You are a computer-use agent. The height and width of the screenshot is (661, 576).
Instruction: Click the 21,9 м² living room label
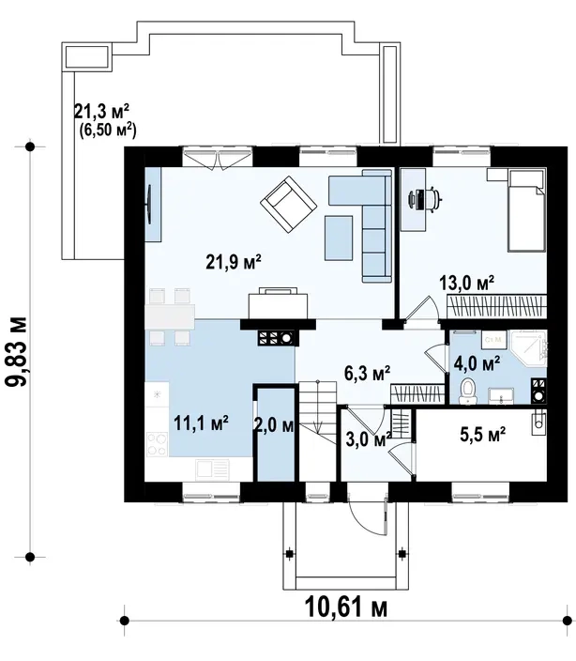[234, 261]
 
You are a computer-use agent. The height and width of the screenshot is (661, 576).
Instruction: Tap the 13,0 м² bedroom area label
[466, 283]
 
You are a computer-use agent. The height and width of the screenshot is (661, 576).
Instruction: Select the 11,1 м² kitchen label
[201, 423]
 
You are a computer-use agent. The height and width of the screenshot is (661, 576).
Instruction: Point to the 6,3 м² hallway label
[367, 373]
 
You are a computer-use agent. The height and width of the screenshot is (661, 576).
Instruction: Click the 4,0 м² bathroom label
[477, 363]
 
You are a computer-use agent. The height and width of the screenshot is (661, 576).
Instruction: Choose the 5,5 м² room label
[482, 434]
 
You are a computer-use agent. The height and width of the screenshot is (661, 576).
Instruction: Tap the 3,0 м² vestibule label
[369, 439]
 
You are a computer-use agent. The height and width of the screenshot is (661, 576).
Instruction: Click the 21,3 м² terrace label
[101, 112]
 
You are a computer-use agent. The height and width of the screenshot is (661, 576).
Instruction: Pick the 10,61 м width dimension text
[345, 607]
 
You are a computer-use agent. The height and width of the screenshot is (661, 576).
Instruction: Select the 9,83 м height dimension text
[17, 351]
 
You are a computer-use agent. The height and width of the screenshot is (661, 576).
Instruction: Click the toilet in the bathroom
[467, 392]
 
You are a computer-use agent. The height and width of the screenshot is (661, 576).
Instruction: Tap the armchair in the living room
[288, 205]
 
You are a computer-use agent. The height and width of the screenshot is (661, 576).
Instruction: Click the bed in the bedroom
[526, 210]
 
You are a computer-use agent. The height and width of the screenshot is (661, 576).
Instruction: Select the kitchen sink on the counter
[212, 469]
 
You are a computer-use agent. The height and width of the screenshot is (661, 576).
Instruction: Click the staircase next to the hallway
[317, 430]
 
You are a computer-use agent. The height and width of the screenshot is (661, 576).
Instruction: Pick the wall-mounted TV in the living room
[149, 205]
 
